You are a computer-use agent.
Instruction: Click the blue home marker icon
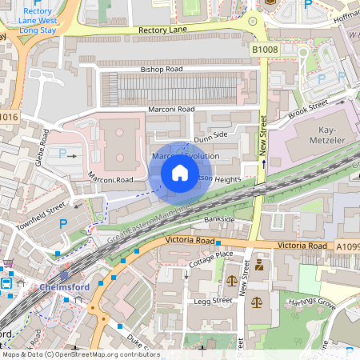(180, 173)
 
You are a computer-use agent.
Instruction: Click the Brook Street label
(310, 109)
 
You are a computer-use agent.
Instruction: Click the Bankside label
(219, 218)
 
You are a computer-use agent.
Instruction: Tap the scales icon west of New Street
(231, 281)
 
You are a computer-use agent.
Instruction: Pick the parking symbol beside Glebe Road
(63, 153)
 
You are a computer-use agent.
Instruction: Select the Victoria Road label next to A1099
(303, 245)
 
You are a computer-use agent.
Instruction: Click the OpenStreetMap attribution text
(80, 354)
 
